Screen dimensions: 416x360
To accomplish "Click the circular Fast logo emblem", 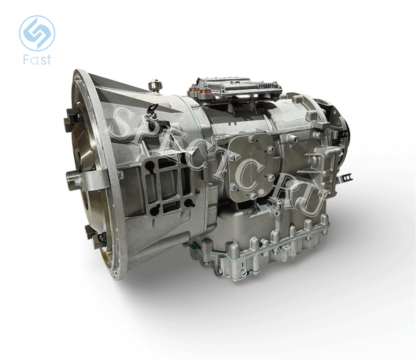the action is (x=37, y=33).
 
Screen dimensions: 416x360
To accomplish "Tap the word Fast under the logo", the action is (x=37, y=60).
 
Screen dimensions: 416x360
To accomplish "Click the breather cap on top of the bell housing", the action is (x=153, y=85).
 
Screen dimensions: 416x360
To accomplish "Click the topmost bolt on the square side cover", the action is (x=251, y=138).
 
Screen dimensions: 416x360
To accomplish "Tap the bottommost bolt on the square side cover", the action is (x=253, y=196).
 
